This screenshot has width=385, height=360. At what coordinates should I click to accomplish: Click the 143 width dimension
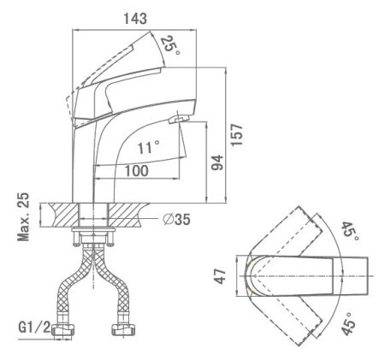tap(135, 18)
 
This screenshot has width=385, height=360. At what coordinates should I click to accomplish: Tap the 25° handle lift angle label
tap(170, 45)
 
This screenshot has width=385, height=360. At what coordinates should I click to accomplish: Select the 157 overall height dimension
tap(237, 135)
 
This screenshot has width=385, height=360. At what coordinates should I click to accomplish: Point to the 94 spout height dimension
tap(217, 162)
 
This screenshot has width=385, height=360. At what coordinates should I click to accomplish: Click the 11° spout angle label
tap(148, 147)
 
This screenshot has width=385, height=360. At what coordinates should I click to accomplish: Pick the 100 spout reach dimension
tap(137, 171)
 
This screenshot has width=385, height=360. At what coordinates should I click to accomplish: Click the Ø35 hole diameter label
tap(176, 219)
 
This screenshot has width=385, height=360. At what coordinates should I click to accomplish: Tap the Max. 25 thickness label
tap(23, 217)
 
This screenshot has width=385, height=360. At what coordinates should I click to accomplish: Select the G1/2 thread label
tap(34, 328)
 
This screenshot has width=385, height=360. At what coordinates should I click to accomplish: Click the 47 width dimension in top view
tap(220, 276)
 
